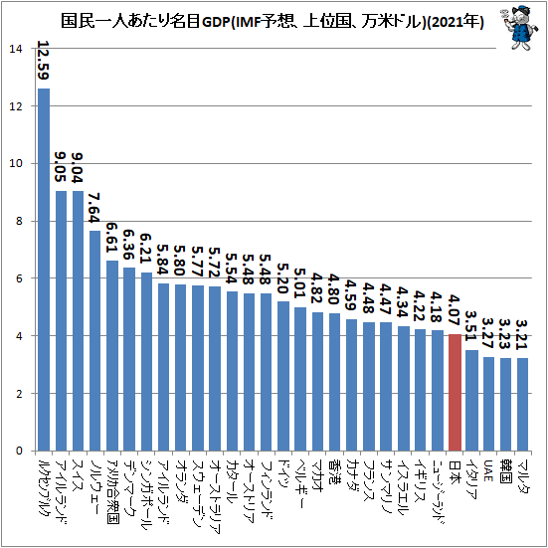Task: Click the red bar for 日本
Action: [x=455, y=392]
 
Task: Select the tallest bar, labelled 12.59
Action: [x=44, y=270]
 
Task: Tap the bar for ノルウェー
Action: [x=94, y=340]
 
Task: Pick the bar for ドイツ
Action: [x=283, y=376]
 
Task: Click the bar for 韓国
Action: [x=505, y=405]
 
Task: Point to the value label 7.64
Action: [x=94, y=208]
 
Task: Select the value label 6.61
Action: [x=111, y=238]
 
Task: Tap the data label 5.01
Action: [x=300, y=283]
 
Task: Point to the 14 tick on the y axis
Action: [x=15, y=49]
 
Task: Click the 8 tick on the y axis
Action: [x=19, y=221]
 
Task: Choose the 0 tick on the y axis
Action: [x=19, y=451]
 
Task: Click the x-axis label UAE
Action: [x=488, y=470]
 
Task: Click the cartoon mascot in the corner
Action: [x=520, y=28]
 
